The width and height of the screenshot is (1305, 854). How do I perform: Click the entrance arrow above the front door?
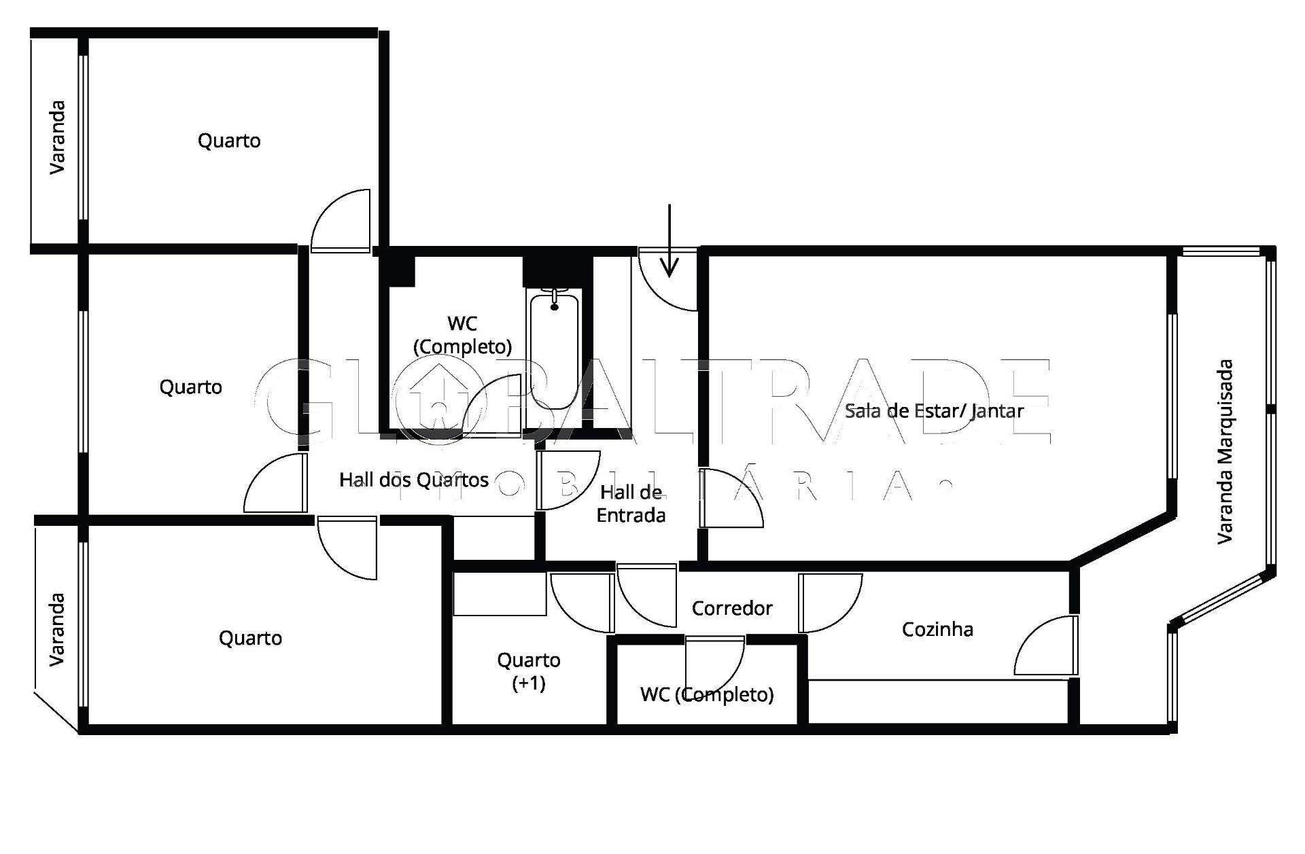669,241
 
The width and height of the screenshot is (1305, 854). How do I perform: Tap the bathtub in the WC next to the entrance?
555,350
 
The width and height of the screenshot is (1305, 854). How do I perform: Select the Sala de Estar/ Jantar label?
934,411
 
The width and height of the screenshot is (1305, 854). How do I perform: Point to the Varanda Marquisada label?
1225,452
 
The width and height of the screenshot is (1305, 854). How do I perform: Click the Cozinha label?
937,629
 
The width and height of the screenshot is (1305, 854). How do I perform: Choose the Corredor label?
732,608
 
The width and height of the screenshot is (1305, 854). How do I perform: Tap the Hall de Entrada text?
631,503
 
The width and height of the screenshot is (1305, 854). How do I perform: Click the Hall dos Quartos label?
414,480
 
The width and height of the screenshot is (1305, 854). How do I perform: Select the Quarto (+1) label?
529,671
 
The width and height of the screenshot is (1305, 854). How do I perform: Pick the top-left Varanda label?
57,137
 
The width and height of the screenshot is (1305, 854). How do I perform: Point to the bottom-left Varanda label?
57,630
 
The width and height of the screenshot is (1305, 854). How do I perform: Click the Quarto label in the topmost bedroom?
229,141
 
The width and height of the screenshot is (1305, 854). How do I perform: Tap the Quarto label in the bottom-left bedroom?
250,638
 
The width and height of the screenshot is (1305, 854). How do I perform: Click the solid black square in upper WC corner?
398,271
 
